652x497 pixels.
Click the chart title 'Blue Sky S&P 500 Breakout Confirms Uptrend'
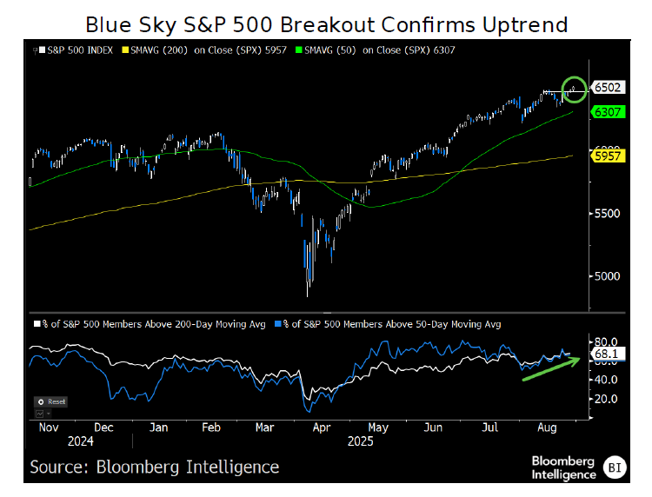[x=325, y=23]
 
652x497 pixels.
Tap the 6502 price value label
[x=606, y=87]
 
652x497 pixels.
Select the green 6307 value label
[x=606, y=111]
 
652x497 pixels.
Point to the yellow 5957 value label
[x=606, y=156]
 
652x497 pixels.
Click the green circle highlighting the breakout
[x=573, y=87]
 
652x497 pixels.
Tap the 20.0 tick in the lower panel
[x=605, y=399]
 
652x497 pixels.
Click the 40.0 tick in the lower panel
[x=605, y=380]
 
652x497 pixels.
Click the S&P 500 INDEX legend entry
[x=76, y=50]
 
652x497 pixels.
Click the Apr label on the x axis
[x=321, y=427]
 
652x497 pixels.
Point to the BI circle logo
[x=615, y=467]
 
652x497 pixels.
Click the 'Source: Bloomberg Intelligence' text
[x=155, y=467]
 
